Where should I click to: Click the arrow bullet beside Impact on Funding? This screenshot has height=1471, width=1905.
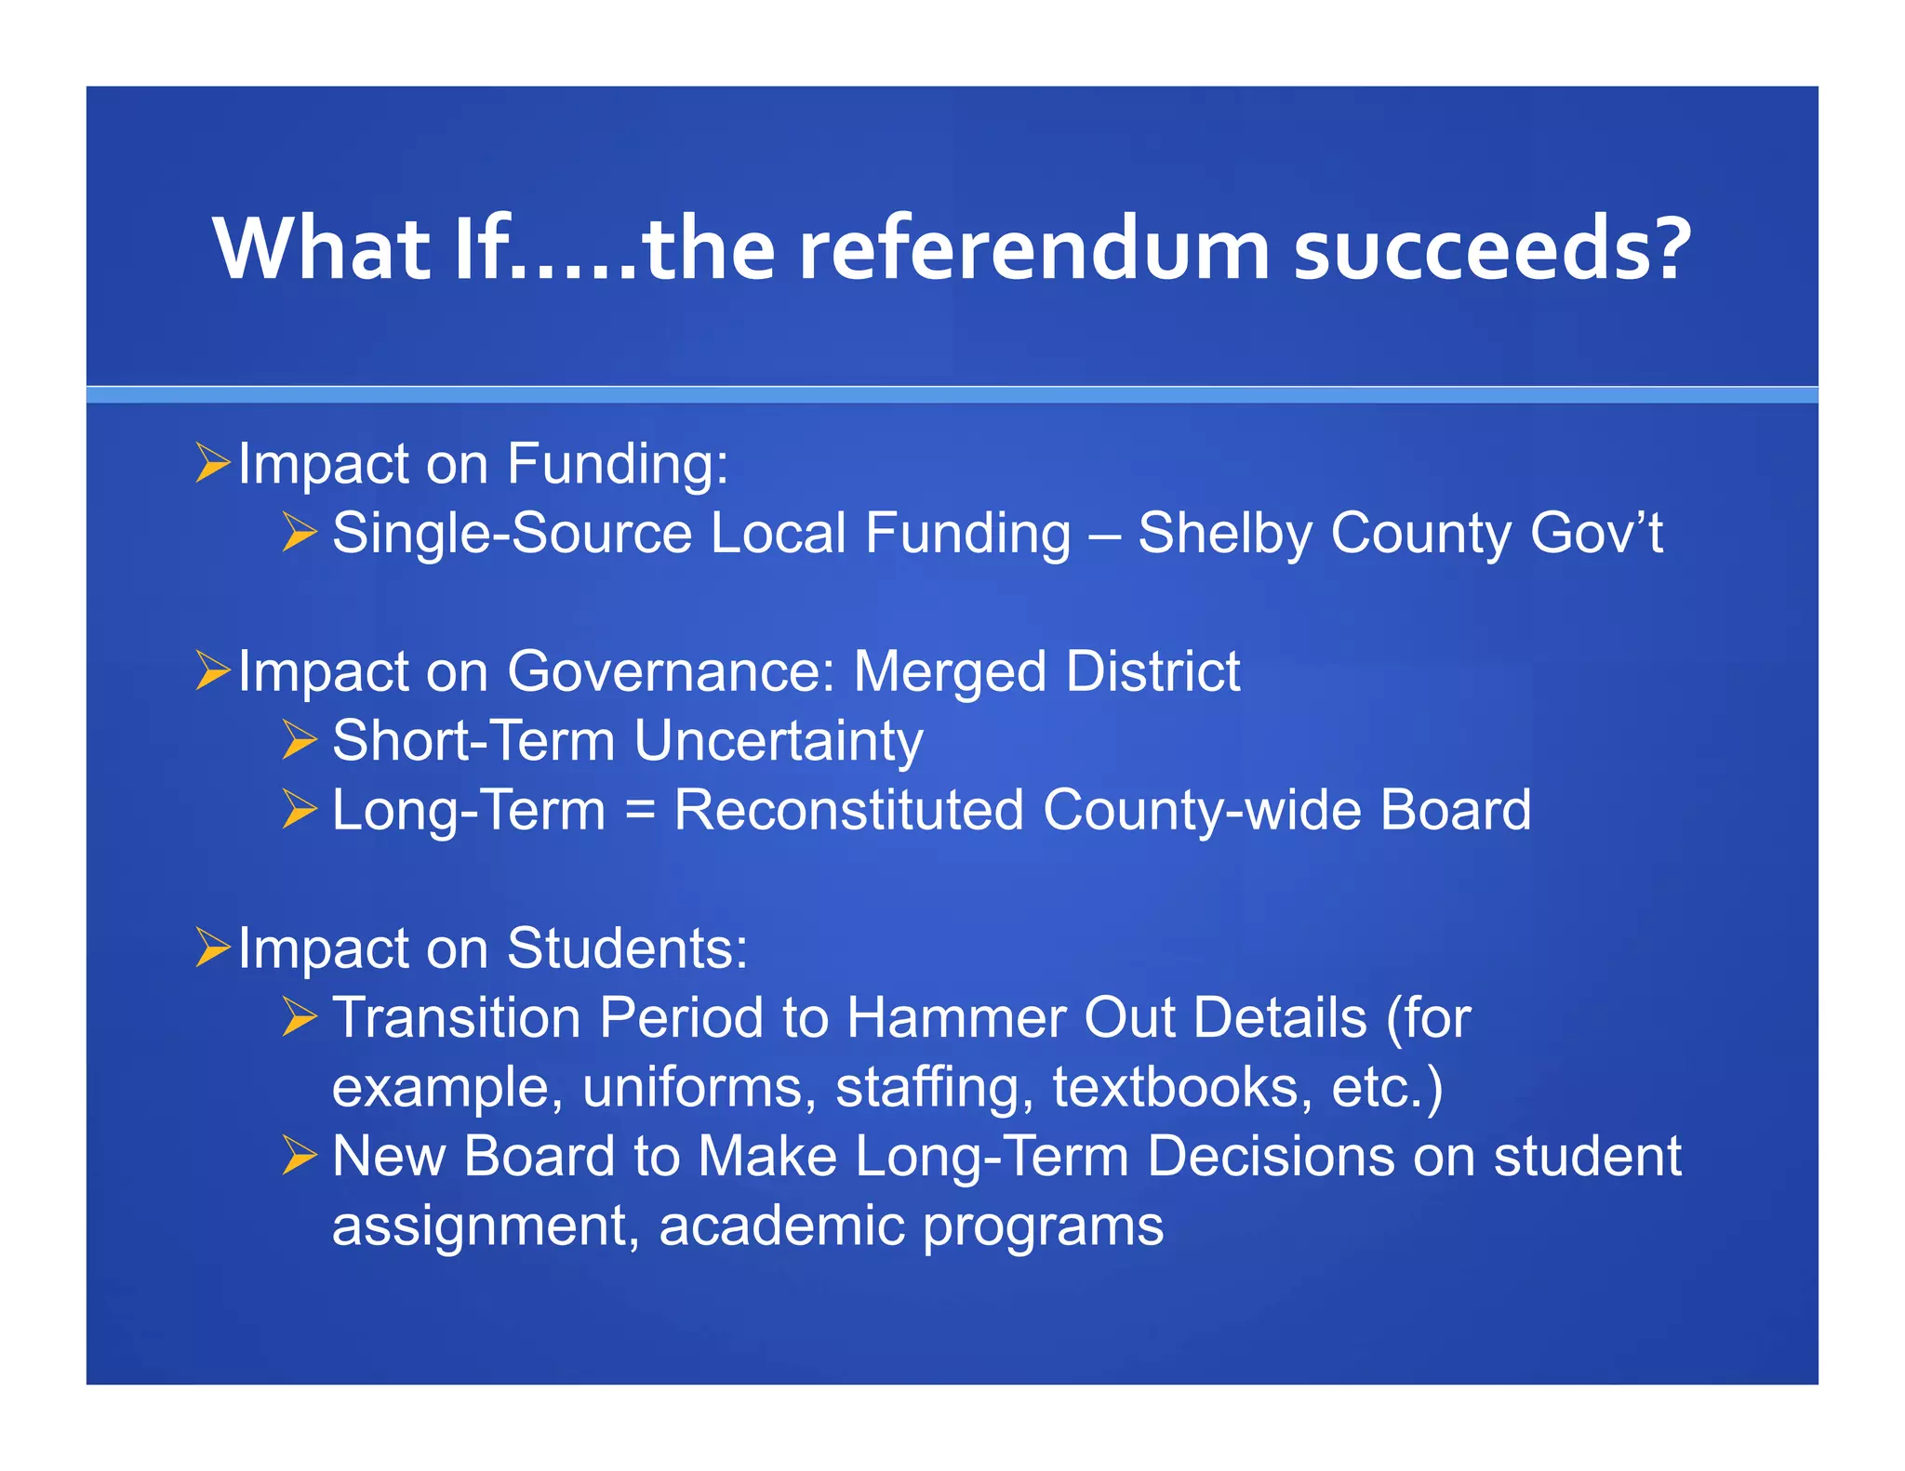pyautogui.click(x=212, y=463)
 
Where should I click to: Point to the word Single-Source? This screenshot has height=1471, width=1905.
pyautogui.click(x=513, y=534)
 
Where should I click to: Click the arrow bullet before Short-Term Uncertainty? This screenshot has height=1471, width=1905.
pyautogui.click(x=300, y=741)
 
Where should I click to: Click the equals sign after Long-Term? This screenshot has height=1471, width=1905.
pyautogui.click(x=640, y=810)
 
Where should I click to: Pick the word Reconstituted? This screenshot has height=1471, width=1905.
pyautogui.click(x=848, y=810)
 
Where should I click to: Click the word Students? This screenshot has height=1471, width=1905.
pyautogui.click(x=627, y=948)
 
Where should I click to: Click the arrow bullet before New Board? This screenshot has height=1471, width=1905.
pyautogui.click(x=300, y=1156)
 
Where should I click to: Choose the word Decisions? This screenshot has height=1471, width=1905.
pyautogui.click(x=1271, y=1156)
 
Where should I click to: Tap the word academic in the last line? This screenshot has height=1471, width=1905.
pyautogui.click(x=781, y=1225)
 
